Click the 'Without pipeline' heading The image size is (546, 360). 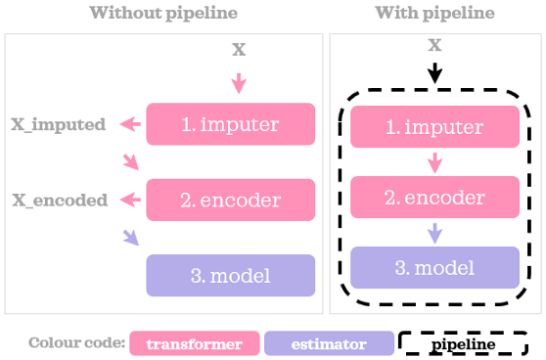tap(164, 14)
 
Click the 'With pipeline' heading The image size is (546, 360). tap(434, 14)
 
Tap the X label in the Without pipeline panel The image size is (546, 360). tap(238, 48)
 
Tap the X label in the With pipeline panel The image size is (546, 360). tap(435, 45)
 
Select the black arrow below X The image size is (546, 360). tap(435, 71)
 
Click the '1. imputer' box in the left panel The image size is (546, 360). tap(230, 124)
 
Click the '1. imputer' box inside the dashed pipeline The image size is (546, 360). tap(434, 128)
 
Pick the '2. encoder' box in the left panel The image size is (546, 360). tap(230, 200)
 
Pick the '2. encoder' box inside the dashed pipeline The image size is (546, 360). tap(434, 198)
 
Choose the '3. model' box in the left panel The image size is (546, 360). tap(230, 275)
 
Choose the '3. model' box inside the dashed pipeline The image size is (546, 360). tap(434, 267)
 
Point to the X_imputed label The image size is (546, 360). tap(58, 125)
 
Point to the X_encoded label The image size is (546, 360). tap(59, 201)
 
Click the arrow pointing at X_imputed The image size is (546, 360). tap(128, 124)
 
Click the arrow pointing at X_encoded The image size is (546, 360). tap(128, 200)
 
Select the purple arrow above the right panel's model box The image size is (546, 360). tap(435, 233)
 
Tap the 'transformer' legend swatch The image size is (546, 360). tap(194, 344)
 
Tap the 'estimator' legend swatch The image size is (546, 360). tap(328, 344)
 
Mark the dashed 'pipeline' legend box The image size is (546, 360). tap(463, 344)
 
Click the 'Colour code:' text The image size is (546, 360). tap(76, 344)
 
